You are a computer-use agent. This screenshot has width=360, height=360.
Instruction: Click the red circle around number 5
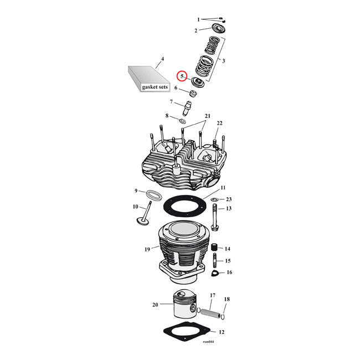click(x=182, y=77)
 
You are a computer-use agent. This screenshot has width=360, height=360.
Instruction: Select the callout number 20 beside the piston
click(x=155, y=305)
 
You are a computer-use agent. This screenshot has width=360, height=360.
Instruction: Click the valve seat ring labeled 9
click(x=154, y=195)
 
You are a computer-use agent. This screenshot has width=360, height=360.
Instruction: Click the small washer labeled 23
click(x=214, y=199)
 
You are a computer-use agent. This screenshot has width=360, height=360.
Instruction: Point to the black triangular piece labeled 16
click(x=215, y=273)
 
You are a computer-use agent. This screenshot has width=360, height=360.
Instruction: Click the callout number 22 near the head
click(x=219, y=123)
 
